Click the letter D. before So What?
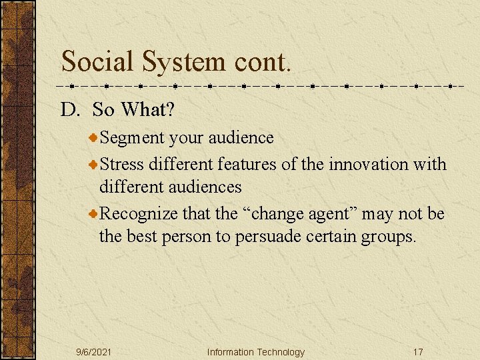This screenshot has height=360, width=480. coord(70,109)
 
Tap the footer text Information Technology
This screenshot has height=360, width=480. coord(255,352)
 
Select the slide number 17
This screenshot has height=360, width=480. coord(417,352)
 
